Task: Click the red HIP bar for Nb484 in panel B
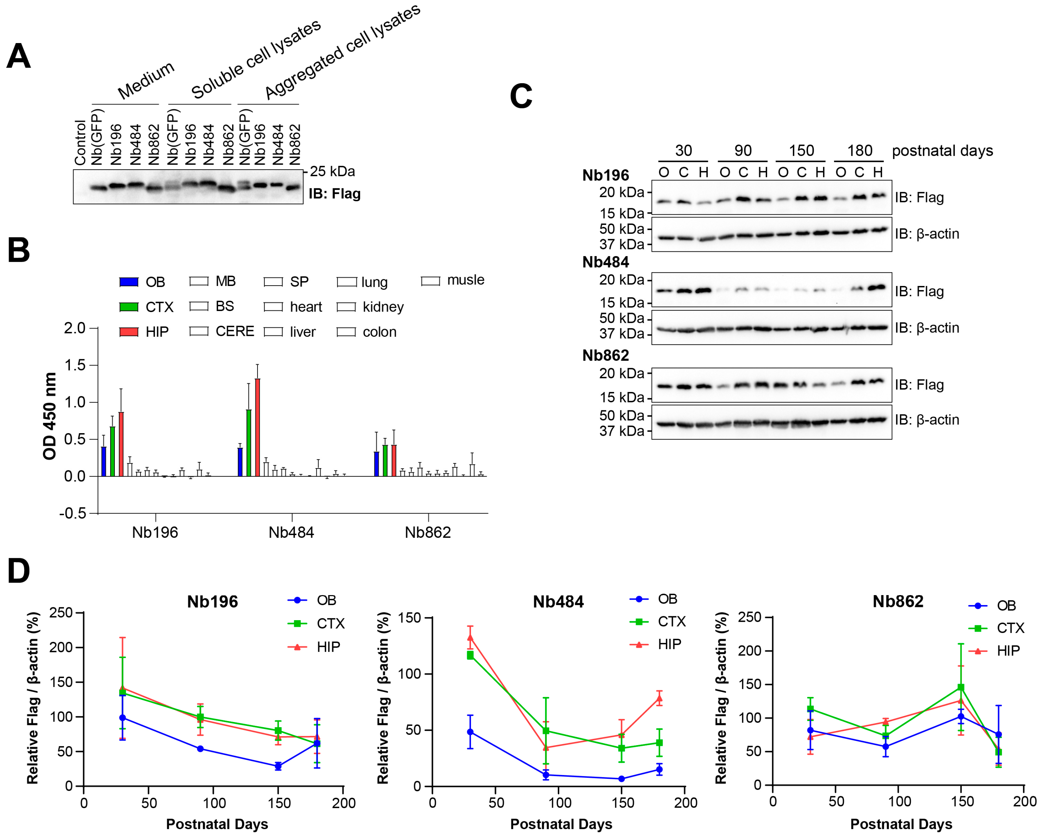tap(257, 427)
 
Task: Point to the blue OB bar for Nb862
tap(376, 464)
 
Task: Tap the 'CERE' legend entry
tap(235, 331)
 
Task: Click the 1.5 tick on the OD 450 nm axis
tap(75, 365)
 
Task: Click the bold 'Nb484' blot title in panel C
tap(605, 262)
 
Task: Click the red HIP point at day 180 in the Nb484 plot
tap(659, 698)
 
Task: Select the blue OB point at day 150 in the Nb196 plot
tap(278, 766)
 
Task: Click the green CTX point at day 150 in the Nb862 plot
tap(961, 687)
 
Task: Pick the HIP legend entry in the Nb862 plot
tap(1007, 651)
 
